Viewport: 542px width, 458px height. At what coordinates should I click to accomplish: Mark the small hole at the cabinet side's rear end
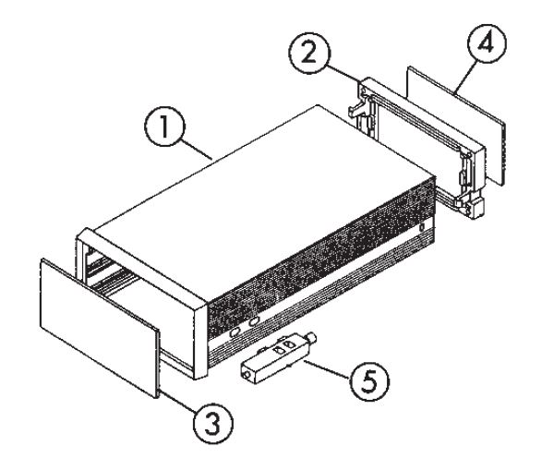(x=422, y=228)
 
